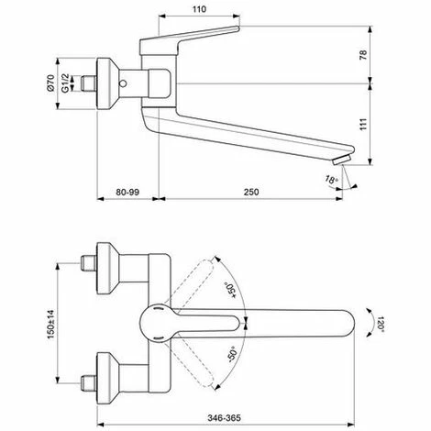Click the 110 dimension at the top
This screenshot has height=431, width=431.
pos(199,9)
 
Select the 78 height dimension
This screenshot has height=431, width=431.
pos(363,55)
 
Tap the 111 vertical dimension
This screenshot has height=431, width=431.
pos(363,124)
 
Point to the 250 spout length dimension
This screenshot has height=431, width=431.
pos(251,192)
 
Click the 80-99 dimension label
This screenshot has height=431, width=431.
pos(127,192)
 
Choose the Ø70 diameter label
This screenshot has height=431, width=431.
pos(50,83)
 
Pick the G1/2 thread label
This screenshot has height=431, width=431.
pos(65,83)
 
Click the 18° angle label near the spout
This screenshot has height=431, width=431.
pos(331,179)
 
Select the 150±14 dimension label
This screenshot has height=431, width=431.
pos(50,324)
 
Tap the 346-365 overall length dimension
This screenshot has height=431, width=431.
pos(224,417)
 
